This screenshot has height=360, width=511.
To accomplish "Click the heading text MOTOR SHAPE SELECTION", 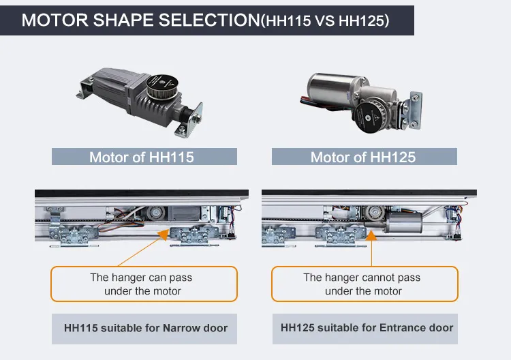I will tap(140, 20).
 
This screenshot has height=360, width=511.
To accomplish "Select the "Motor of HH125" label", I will tap(362, 157).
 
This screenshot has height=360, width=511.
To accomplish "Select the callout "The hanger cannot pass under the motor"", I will tap(362, 284).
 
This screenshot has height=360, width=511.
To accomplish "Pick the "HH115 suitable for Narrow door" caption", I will tap(145, 328).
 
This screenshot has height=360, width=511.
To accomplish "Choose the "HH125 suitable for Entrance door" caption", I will tap(367, 328).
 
